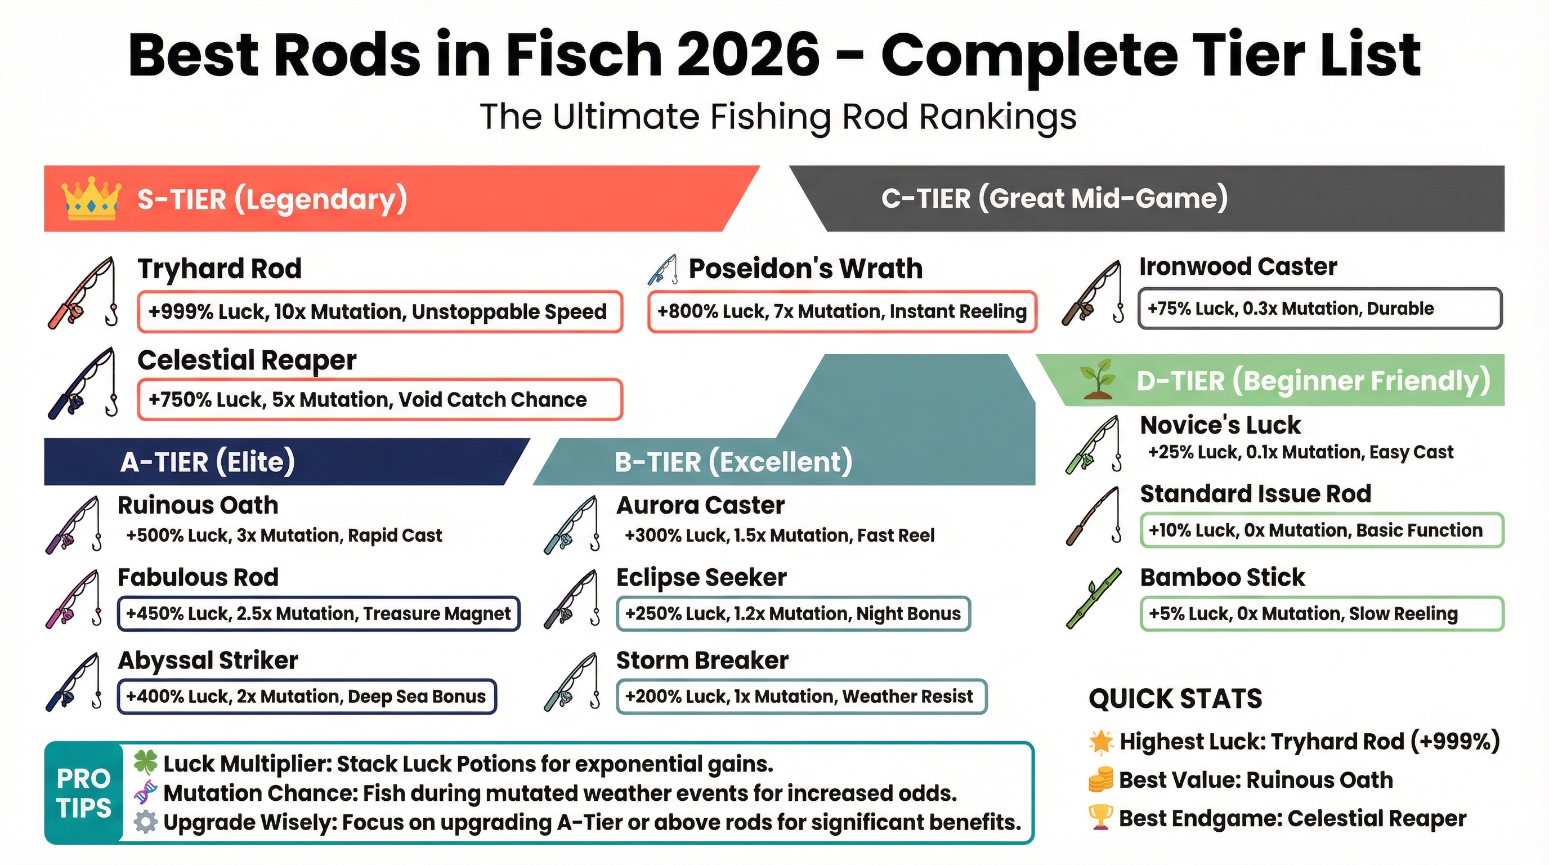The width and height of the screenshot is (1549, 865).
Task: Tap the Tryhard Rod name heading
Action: pos(220,268)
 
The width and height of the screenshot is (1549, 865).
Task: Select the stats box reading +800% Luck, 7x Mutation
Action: pos(842,311)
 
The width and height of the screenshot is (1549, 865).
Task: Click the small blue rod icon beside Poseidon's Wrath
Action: pos(662,270)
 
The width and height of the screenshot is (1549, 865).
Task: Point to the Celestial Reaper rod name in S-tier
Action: pos(247,360)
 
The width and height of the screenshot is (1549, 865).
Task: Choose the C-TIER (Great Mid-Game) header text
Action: pos(1054,198)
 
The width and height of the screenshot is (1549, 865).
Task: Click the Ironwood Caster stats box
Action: pos(1320,309)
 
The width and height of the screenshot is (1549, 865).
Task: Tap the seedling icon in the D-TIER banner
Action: pos(1098,380)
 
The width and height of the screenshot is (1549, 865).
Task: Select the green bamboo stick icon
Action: pos(1094,598)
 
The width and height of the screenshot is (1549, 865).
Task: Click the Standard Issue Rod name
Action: pos(1256,494)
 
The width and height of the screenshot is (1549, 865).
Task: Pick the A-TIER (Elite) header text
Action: pos(208,462)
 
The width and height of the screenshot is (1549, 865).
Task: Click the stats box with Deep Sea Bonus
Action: pos(307,697)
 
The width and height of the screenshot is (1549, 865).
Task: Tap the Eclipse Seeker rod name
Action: pos(701,577)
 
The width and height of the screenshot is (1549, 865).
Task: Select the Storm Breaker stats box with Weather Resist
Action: pos(802,697)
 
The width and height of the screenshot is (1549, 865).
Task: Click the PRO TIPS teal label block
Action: pos(83,793)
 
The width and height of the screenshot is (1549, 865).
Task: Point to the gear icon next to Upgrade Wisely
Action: pos(146,822)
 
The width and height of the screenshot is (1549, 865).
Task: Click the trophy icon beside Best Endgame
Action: pos(1101,818)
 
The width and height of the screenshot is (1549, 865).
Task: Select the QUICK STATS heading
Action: pos(1176,698)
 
